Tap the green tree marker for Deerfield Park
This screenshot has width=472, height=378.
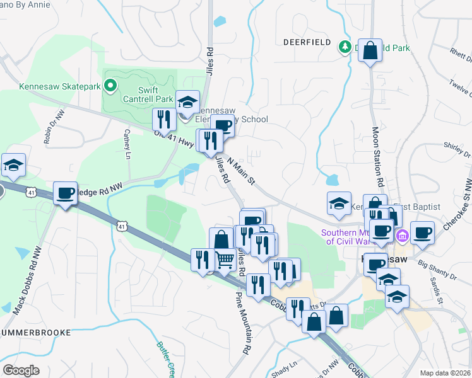click(345, 46)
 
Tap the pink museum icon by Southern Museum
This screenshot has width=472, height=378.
click(402, 236)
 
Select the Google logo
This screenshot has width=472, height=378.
click(21, 370)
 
